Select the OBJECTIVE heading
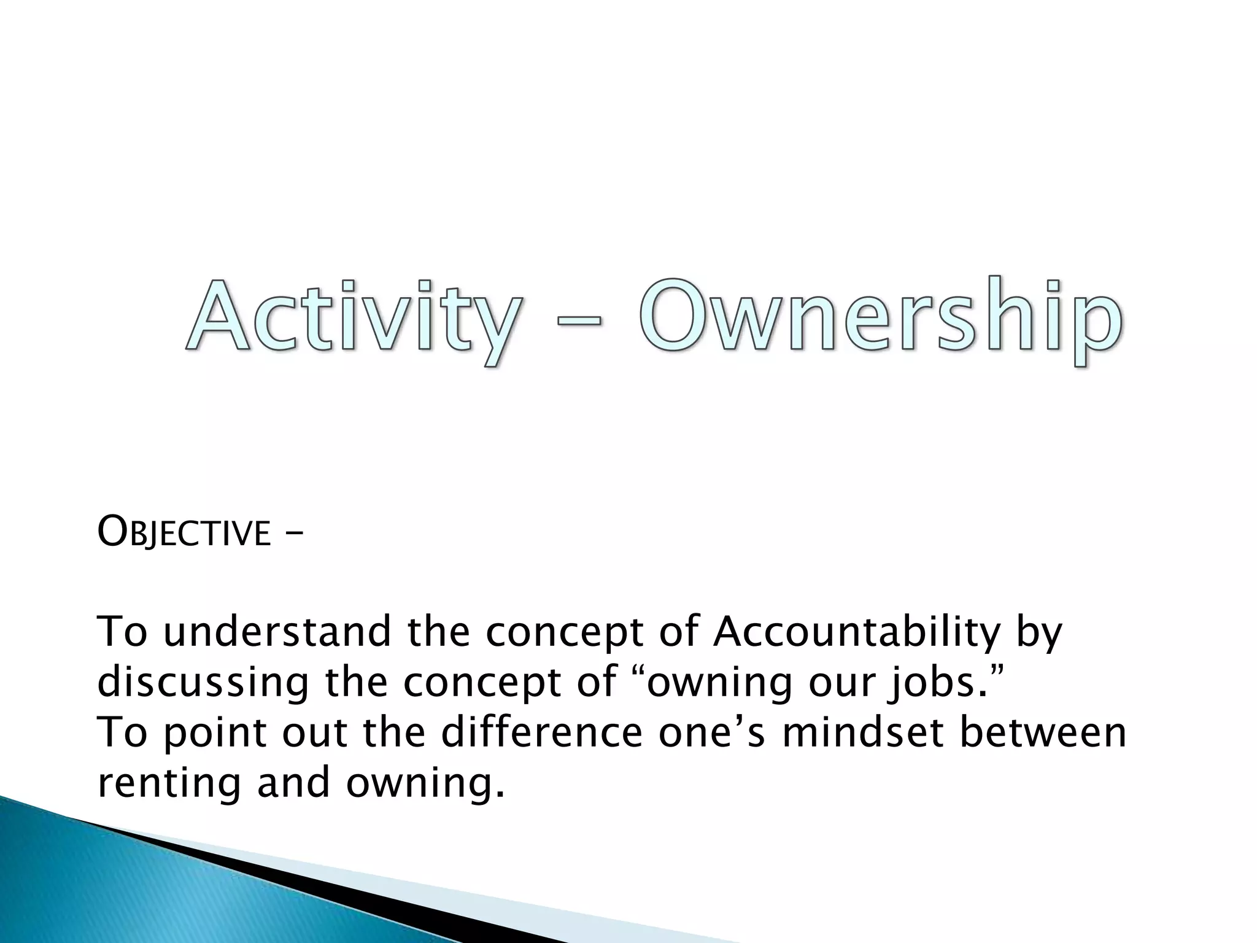point(184,532)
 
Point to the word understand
point(277,632)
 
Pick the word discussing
point(203,682)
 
